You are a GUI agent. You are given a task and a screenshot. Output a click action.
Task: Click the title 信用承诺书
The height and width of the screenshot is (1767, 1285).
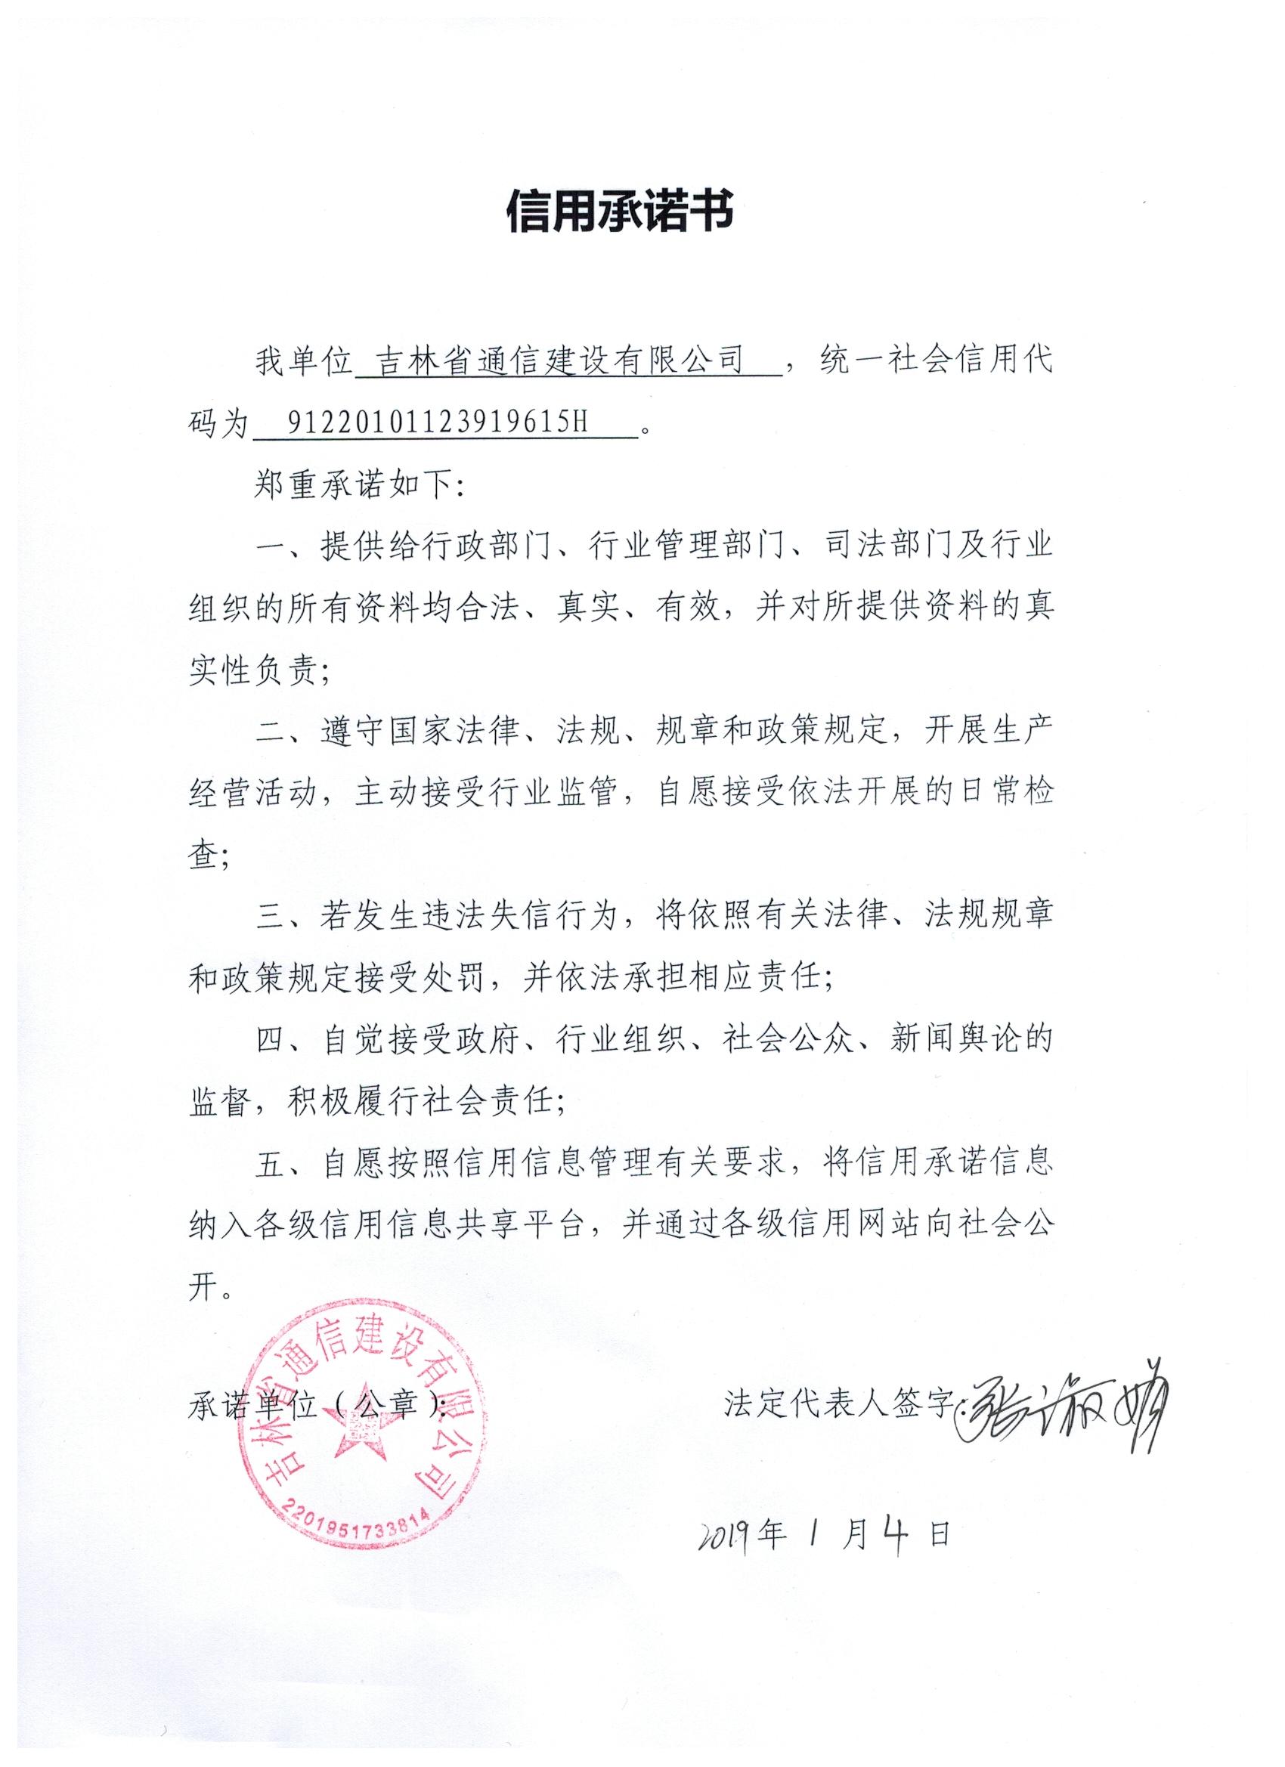(620, 211)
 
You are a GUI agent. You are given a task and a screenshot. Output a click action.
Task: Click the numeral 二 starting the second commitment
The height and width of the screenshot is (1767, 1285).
(272, 732)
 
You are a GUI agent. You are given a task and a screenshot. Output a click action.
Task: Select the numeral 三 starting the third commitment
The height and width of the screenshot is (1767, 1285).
(272, 916)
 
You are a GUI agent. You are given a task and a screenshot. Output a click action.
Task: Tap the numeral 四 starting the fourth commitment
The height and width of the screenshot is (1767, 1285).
(272, 1039)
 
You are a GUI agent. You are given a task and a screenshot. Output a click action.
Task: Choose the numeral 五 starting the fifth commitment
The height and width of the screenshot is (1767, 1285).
(272, 1162)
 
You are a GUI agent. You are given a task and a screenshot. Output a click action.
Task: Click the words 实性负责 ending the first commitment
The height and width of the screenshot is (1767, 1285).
(252, 671)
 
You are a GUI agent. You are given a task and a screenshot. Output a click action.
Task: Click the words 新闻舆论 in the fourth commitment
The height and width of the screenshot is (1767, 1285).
(952, 1039)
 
